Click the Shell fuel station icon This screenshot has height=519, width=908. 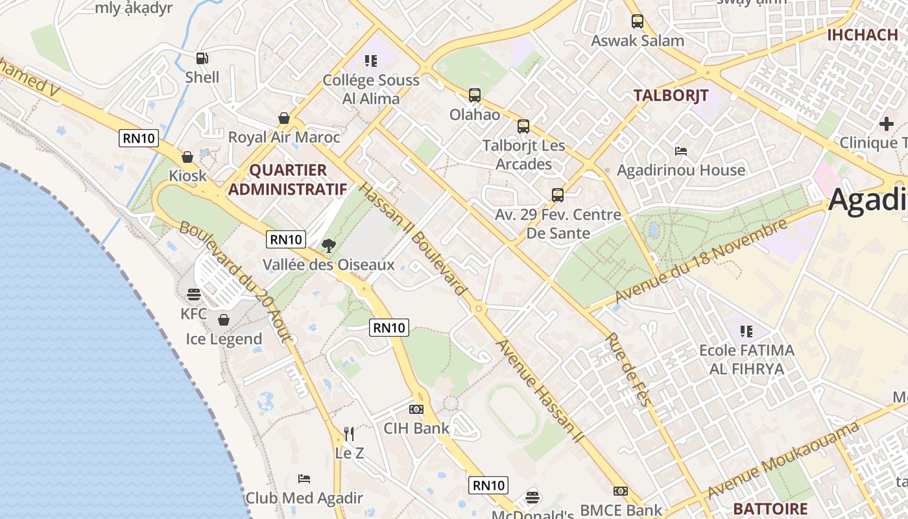202,58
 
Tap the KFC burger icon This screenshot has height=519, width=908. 194,295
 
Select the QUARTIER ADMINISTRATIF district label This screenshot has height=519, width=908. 287,180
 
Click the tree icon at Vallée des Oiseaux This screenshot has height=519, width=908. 329,246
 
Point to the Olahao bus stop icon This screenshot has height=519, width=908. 475,95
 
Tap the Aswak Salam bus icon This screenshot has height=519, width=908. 638,21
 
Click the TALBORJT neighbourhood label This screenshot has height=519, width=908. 671,95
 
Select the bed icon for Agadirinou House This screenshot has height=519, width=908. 681,151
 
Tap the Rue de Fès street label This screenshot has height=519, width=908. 627,370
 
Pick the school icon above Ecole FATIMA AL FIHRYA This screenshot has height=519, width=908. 747,332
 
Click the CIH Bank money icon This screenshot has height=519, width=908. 416,409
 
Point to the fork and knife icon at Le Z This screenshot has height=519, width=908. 349,433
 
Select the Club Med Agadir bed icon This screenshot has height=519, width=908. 304,479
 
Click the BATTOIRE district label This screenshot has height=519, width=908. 771,509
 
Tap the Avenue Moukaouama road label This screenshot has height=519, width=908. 783,460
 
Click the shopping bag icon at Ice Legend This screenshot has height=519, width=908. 224,320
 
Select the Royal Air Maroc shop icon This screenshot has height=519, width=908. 284,118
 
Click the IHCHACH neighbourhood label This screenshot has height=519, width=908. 862,35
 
